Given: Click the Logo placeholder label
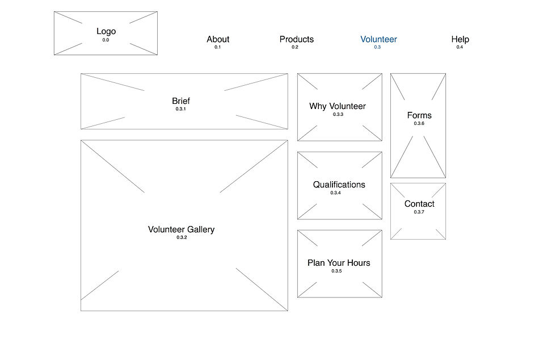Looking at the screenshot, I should point(106,32).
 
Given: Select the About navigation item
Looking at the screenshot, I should point(218,39).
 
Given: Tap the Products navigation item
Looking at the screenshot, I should point(296,39).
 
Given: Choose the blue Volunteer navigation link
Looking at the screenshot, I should point(378,39).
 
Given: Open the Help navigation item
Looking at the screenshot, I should point(460,39).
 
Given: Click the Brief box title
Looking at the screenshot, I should point(181,101).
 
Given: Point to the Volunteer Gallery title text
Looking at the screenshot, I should point(181,229).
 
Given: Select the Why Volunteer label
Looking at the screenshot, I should point(338,106).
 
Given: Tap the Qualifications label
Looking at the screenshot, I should point(339,185).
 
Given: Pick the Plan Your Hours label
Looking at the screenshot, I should point(339,263).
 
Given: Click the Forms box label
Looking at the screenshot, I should point(419,115).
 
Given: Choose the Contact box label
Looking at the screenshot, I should point(419,204).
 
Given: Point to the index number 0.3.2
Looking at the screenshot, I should point(182,237).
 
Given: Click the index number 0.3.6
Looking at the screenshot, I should point(419,123).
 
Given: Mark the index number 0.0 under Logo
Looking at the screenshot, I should point(106,40).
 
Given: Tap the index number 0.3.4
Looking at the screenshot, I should point(336,193).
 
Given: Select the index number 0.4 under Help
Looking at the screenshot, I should point(460,47).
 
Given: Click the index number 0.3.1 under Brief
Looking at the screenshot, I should point(180,108).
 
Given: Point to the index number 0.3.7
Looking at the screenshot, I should point(419,212).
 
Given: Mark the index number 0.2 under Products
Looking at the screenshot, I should point(295,47).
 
